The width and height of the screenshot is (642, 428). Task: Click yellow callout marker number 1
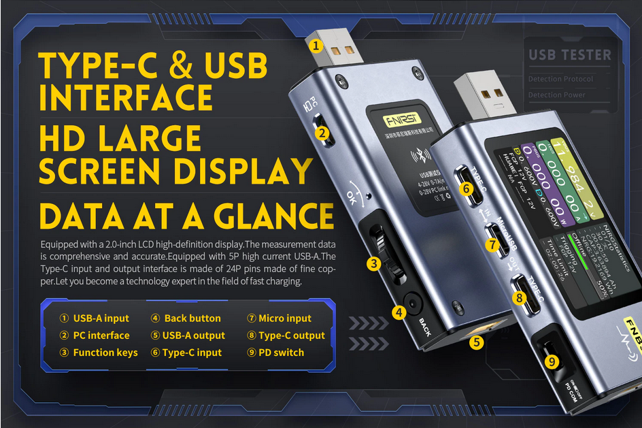click(x=316, y=46)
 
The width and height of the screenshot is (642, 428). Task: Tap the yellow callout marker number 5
click(x=477, y=342)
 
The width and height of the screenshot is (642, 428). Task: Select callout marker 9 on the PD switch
click(x=552, y=361)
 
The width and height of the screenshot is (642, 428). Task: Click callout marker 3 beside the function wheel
click(x=373, y=263)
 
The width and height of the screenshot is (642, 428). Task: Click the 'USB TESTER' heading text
click(x=569, y=55)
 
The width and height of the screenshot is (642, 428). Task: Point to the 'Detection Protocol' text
click(x=560, y=79)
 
